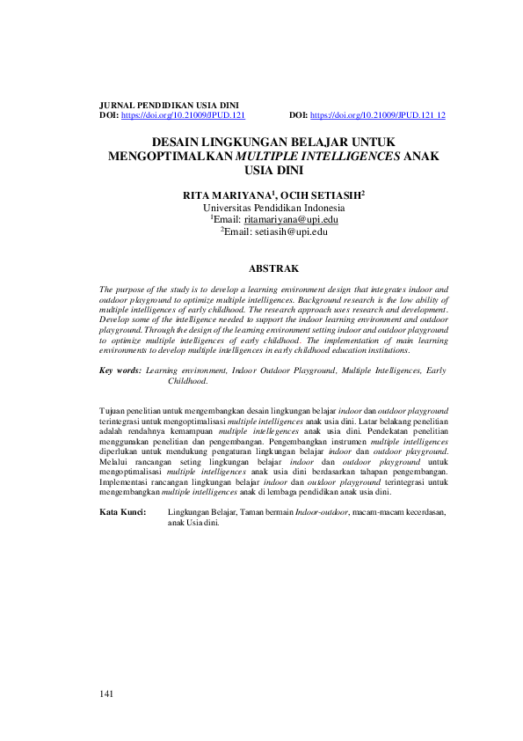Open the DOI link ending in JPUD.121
(183, 115)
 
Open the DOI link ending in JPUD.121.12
(378, 115)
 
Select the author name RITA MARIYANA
(224, 194)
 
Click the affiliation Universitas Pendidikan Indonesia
(273, 207)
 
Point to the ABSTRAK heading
(274, 268)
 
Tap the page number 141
(107, 695)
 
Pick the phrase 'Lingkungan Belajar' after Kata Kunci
(199, 510)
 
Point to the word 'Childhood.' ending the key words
(187, 382)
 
